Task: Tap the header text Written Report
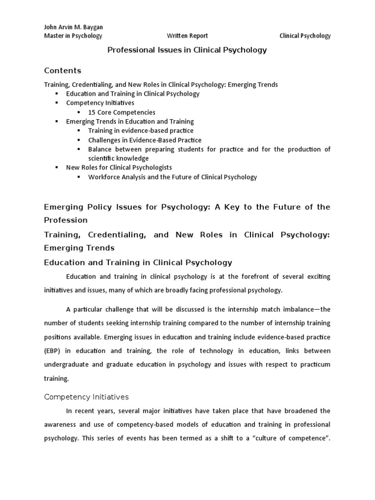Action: click(187, 36)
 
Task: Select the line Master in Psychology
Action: click(73, 36)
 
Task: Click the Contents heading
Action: click(62, 70)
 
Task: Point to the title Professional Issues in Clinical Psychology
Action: click(187, 50)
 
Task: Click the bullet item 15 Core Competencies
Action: click(122, 112)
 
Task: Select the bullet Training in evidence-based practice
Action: click(141, 130)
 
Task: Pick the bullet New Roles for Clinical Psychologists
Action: click(119, 167)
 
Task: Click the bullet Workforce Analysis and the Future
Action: click(172, 177)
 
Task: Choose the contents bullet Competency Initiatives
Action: click(100, 103)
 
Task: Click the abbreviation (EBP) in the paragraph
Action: click(53, 351)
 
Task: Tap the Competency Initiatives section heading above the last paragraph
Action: click(86, 396)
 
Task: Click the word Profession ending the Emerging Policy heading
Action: click(66, 220)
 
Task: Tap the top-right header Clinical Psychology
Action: click(305, 36)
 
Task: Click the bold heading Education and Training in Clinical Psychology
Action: click(138, 262)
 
